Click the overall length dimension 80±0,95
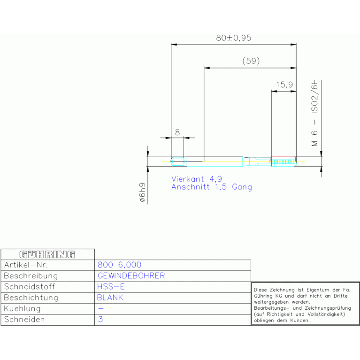click(233, 38)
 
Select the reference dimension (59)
click(251, 61)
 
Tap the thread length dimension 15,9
click(284, 84)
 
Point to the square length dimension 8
click(177, 132)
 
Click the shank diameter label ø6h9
click(142, 192)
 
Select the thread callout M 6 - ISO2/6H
click(314, 113)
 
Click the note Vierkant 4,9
click(197, 179)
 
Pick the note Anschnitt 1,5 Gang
click(212, 187)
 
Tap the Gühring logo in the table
click(47, 254)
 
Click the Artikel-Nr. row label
click(26, 265)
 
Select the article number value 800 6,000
click(119, 265)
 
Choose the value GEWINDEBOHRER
click(131, 276)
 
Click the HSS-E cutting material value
click(111, 286)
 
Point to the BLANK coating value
click(110, 298)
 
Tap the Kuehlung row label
click(22, 308)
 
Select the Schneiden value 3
click(100, 319)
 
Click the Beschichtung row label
click(31, 298)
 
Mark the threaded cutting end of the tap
click(284, 161)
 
